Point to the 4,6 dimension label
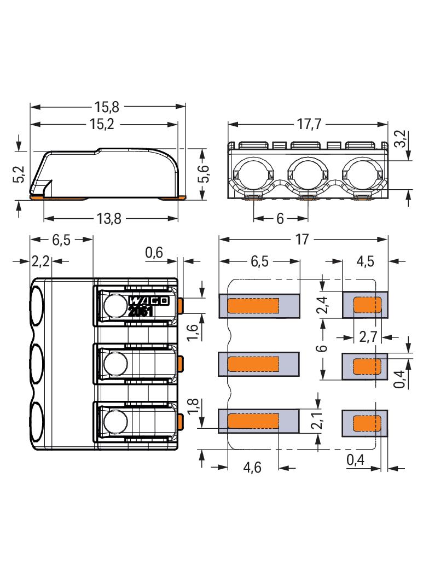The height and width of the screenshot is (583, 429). (x=252, y=468)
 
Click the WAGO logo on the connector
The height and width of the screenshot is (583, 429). (x=149, y=300)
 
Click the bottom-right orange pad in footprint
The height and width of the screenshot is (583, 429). (x=368, y=423)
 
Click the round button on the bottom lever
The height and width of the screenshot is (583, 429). (x=115, y=422)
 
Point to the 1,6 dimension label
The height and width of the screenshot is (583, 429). (x=192, y=331)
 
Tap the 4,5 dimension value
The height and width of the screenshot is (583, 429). (x=365, y=261)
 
